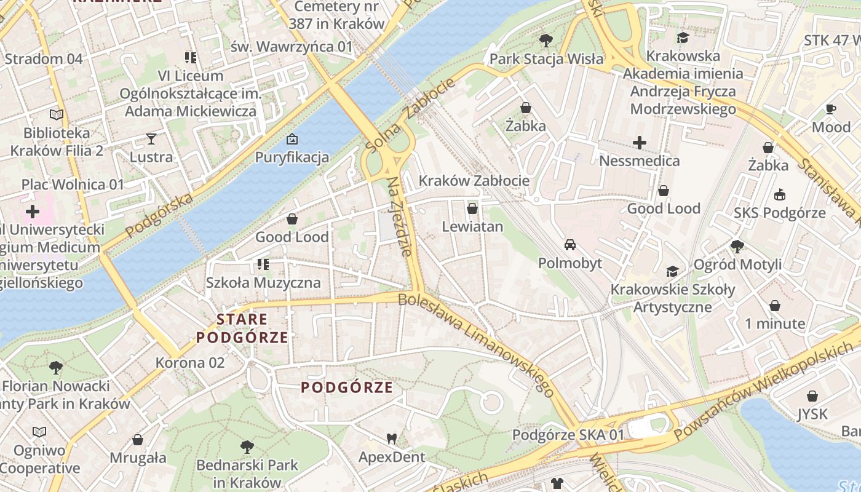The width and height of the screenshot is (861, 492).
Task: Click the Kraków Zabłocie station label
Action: pyautogui.click(x=474, y=181)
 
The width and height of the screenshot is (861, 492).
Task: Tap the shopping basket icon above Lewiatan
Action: pyautogui.click(x=472, y=208)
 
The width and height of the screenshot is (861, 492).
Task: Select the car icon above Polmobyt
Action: pyautogui.click(x=570, y=245)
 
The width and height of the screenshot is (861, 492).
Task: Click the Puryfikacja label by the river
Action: pyautogui.click(x=292, y=157)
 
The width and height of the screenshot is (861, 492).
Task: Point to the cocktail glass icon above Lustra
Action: pyautogui.click(x=151, y=138)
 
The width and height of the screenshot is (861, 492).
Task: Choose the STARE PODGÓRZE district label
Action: pyautogui.click(x=242, y=328)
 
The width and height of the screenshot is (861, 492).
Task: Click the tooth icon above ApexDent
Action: pyautogui.click(x=391, y=439)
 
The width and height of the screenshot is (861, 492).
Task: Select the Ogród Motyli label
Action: pyautogui.click(x=737, y=264)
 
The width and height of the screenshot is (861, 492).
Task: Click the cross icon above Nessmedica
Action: pyautogui.click(x=640, y=143)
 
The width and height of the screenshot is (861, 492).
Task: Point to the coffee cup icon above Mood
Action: pyautogui.click(x=831, y=109)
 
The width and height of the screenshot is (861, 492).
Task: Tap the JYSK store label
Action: pyautogui.click(x=812, y=415)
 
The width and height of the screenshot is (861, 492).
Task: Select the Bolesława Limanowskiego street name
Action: pyautogui.click(x=477, y=345)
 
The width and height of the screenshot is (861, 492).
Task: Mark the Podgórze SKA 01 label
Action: pyautogui.click(x=568, y=435)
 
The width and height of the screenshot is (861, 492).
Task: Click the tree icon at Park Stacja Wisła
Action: pyautogui.click(x=546, y=41)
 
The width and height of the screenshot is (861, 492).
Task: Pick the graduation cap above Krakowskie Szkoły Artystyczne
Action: pyautogui.click(x=673, y=271)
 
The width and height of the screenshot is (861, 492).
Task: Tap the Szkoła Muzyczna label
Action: pyautogui.click(x=263, y=283)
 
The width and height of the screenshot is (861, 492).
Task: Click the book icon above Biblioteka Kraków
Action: pyautogui.click(x=57, y=114)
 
